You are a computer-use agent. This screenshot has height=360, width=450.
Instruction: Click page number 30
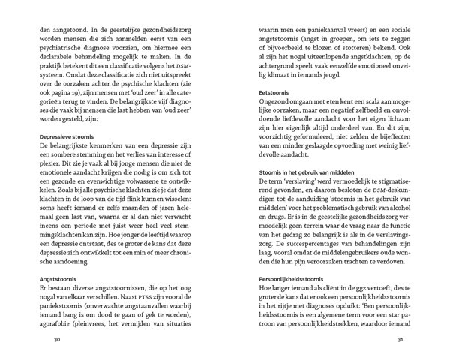tap(49, 340)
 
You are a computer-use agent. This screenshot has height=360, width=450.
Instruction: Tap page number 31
tap(400, 340)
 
